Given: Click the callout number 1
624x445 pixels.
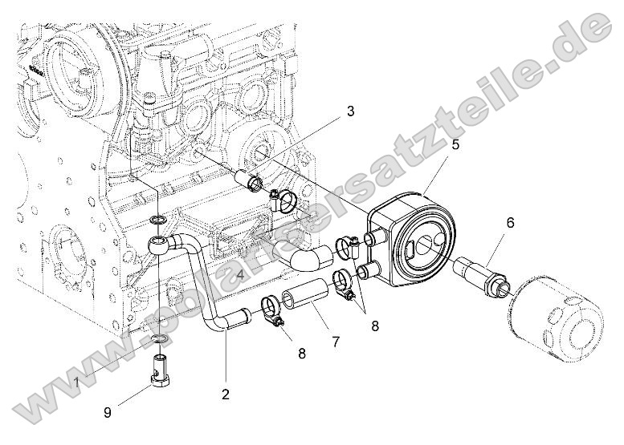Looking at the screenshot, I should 77,382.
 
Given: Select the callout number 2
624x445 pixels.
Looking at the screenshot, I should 226,394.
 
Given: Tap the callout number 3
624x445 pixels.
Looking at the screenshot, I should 350,112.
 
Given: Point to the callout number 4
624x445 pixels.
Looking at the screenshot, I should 240,275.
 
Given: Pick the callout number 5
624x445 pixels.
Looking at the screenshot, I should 455,144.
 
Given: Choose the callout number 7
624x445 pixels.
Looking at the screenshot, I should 335,342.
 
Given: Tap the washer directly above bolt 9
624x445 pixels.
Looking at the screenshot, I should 160,343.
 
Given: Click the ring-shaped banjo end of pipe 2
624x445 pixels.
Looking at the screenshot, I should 159,244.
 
